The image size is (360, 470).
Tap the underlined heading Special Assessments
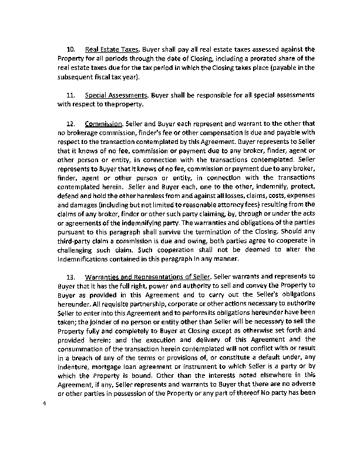pyautogui.click(x=117, y=95)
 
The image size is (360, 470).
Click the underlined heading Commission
pyautogui.click(x=103, y=123)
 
